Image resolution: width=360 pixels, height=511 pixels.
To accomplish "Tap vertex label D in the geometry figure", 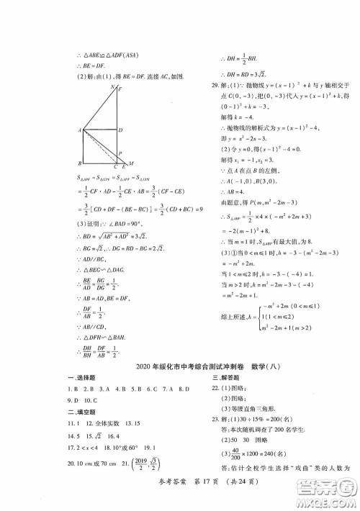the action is (120, 130).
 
